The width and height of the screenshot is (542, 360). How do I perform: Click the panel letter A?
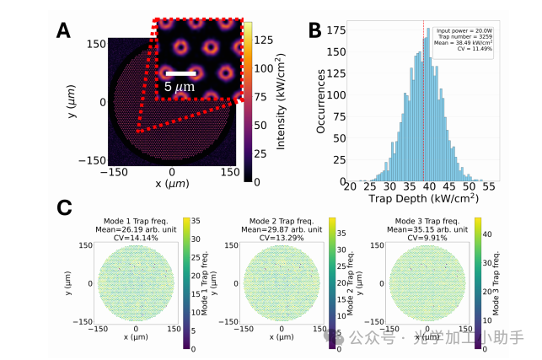pos(62,31)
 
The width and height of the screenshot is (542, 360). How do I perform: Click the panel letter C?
pos(63,207)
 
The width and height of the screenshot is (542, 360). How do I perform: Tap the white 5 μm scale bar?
pos(180,73)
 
